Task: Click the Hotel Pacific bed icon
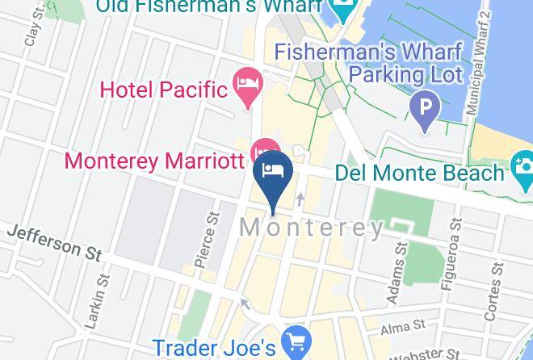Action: click(x=245, y=82)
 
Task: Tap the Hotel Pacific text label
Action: click(x=162, y=87)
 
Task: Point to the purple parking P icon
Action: click(x=424, y=105)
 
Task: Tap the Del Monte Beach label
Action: click(x=418, y=173)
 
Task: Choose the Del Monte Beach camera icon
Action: click(x=522, y=170)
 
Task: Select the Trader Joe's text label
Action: click(x=214, y=347)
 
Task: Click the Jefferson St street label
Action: click(x=54, y=242)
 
